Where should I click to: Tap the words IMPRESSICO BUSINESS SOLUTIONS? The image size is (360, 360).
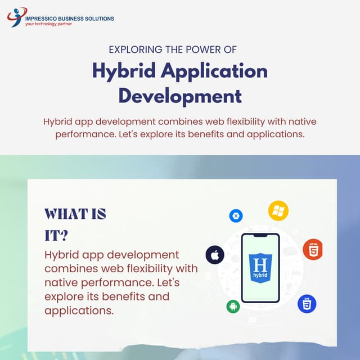70,19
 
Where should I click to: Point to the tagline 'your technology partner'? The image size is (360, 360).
49,25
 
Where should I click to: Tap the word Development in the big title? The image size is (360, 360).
180,96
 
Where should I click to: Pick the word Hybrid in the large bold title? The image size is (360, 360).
123,71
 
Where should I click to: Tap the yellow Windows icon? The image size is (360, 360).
278,210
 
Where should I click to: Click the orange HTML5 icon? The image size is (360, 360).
312,250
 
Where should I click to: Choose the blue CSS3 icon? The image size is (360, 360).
307,304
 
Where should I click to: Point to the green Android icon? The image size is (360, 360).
233,306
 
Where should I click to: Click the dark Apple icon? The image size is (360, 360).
215,255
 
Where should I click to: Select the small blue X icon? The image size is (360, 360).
236,215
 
